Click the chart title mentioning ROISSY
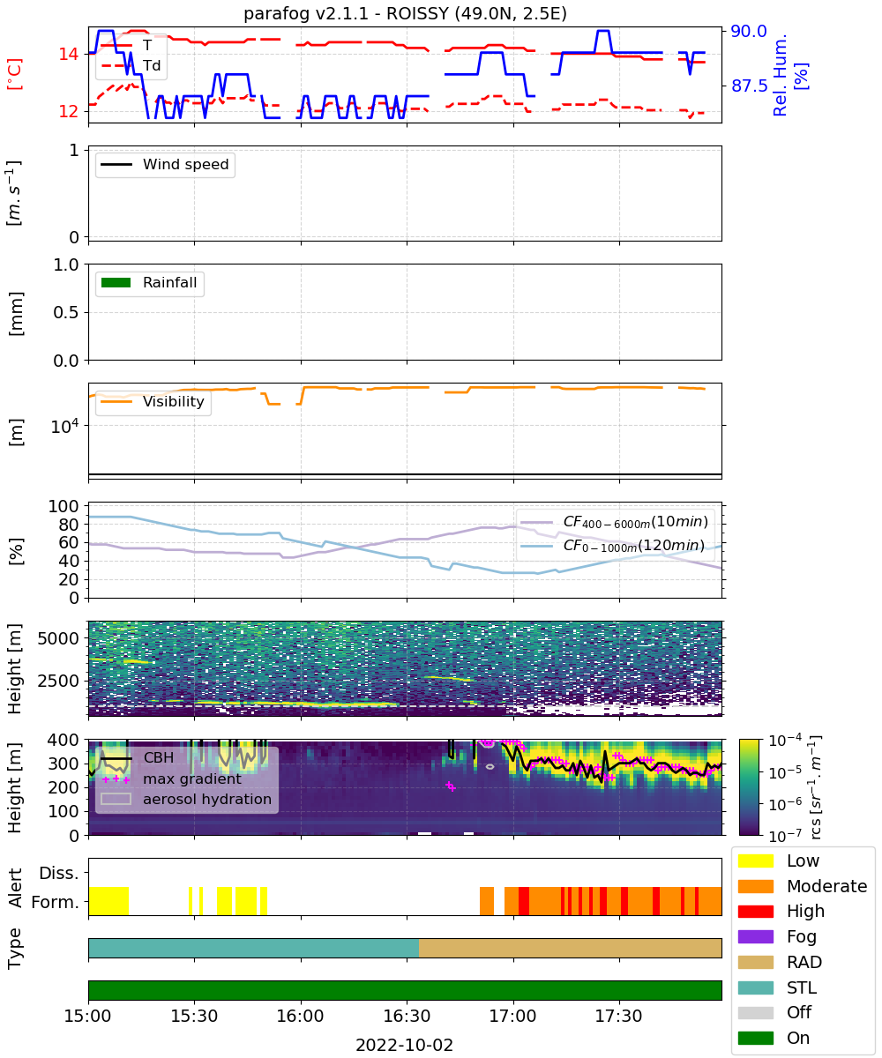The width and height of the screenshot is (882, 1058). click(x=405, y=13)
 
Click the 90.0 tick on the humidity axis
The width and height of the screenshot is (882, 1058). click(x=748, y=32)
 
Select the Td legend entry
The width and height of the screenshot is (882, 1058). click(x=131, y=65)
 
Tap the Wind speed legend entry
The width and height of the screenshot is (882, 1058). click(x=165, y=164)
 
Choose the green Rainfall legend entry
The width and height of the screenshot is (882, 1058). click(x=148, y=282)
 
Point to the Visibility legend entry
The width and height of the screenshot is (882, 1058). click(x=152, y=401)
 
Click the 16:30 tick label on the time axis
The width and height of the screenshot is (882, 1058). click(x=407, y=1016)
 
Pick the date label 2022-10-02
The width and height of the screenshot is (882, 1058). click(x=404, y=1044)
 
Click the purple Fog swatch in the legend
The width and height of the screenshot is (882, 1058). click(x=755, y=936)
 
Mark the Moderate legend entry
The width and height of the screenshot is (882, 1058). click(x=803, y=886)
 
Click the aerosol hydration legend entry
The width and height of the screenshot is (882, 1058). click(x=186, y=799)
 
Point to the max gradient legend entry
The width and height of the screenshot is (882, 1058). click(x=172, y=779)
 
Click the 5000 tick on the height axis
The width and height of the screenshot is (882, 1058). click(x=58, y=638)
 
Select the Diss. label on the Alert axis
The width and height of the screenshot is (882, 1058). click(x=59, y=873)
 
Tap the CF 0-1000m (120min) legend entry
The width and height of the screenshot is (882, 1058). click(x=612, y=546)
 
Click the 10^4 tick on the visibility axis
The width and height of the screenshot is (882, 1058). click(x=64, y=426)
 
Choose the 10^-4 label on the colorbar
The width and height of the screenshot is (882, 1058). click(x=785, y=741)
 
